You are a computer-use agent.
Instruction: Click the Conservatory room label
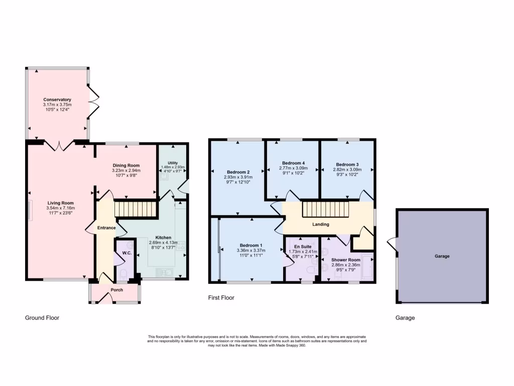click(57, 100)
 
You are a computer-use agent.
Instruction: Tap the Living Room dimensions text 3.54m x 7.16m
click(61, 208)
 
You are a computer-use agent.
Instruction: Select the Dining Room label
click(126, 165)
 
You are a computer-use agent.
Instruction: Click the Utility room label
click(173, 162)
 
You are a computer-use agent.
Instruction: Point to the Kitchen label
click(163, 237)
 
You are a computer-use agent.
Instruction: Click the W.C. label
click(126, 253)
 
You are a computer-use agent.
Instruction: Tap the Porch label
click(116, 290)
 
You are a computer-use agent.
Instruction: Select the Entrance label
click(106, 228)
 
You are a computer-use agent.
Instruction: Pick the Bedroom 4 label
click(293, 163)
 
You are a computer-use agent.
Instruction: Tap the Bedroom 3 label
click(347, 164)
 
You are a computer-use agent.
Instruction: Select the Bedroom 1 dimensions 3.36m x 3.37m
click(250, 250)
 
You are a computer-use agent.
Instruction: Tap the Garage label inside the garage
click(442, 256)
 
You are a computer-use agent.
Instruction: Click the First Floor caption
click(221, 298)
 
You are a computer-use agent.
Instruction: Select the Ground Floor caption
click(42, 318)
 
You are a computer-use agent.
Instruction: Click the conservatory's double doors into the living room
click(60, 146)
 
